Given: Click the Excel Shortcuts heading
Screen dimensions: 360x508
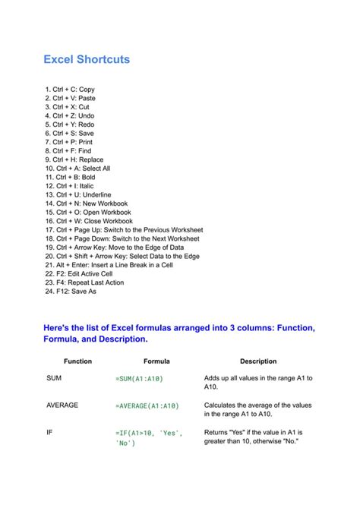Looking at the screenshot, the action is coord(86,58).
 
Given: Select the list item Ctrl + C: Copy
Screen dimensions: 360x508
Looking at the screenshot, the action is coord(70,90).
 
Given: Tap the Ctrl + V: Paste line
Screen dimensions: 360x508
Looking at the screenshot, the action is coord(71,98).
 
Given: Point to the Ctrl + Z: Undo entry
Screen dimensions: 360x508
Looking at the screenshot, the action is coord(70,115).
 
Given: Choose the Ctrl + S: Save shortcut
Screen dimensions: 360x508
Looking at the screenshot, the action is coord(70,133).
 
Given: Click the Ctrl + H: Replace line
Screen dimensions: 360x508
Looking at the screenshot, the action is coord(74,159).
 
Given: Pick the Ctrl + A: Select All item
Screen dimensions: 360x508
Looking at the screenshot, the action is coord(78,169).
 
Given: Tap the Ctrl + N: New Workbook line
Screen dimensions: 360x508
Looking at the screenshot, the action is coord(86,204).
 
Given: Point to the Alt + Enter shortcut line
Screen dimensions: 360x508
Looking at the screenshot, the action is coord(109,264).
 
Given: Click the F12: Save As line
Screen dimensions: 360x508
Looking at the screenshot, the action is coord(71,291).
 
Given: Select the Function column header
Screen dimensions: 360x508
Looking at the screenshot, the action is coord(77,361).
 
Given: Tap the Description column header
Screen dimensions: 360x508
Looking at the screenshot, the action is coord(258,361).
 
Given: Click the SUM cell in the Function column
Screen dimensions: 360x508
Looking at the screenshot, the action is coord(54,377).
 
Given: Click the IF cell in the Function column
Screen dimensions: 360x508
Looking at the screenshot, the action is coord(49,432).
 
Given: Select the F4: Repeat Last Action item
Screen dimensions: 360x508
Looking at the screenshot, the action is coord(84,282).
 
